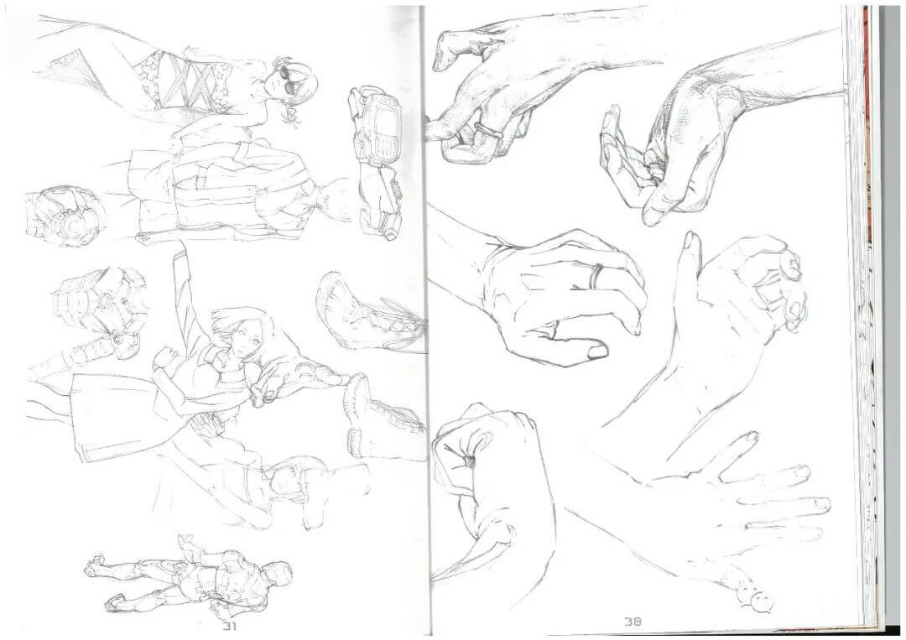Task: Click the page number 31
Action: [230, 627]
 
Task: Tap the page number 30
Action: [633, 622]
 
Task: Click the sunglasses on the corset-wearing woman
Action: [287, 81]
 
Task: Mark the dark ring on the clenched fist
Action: [468, 461]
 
